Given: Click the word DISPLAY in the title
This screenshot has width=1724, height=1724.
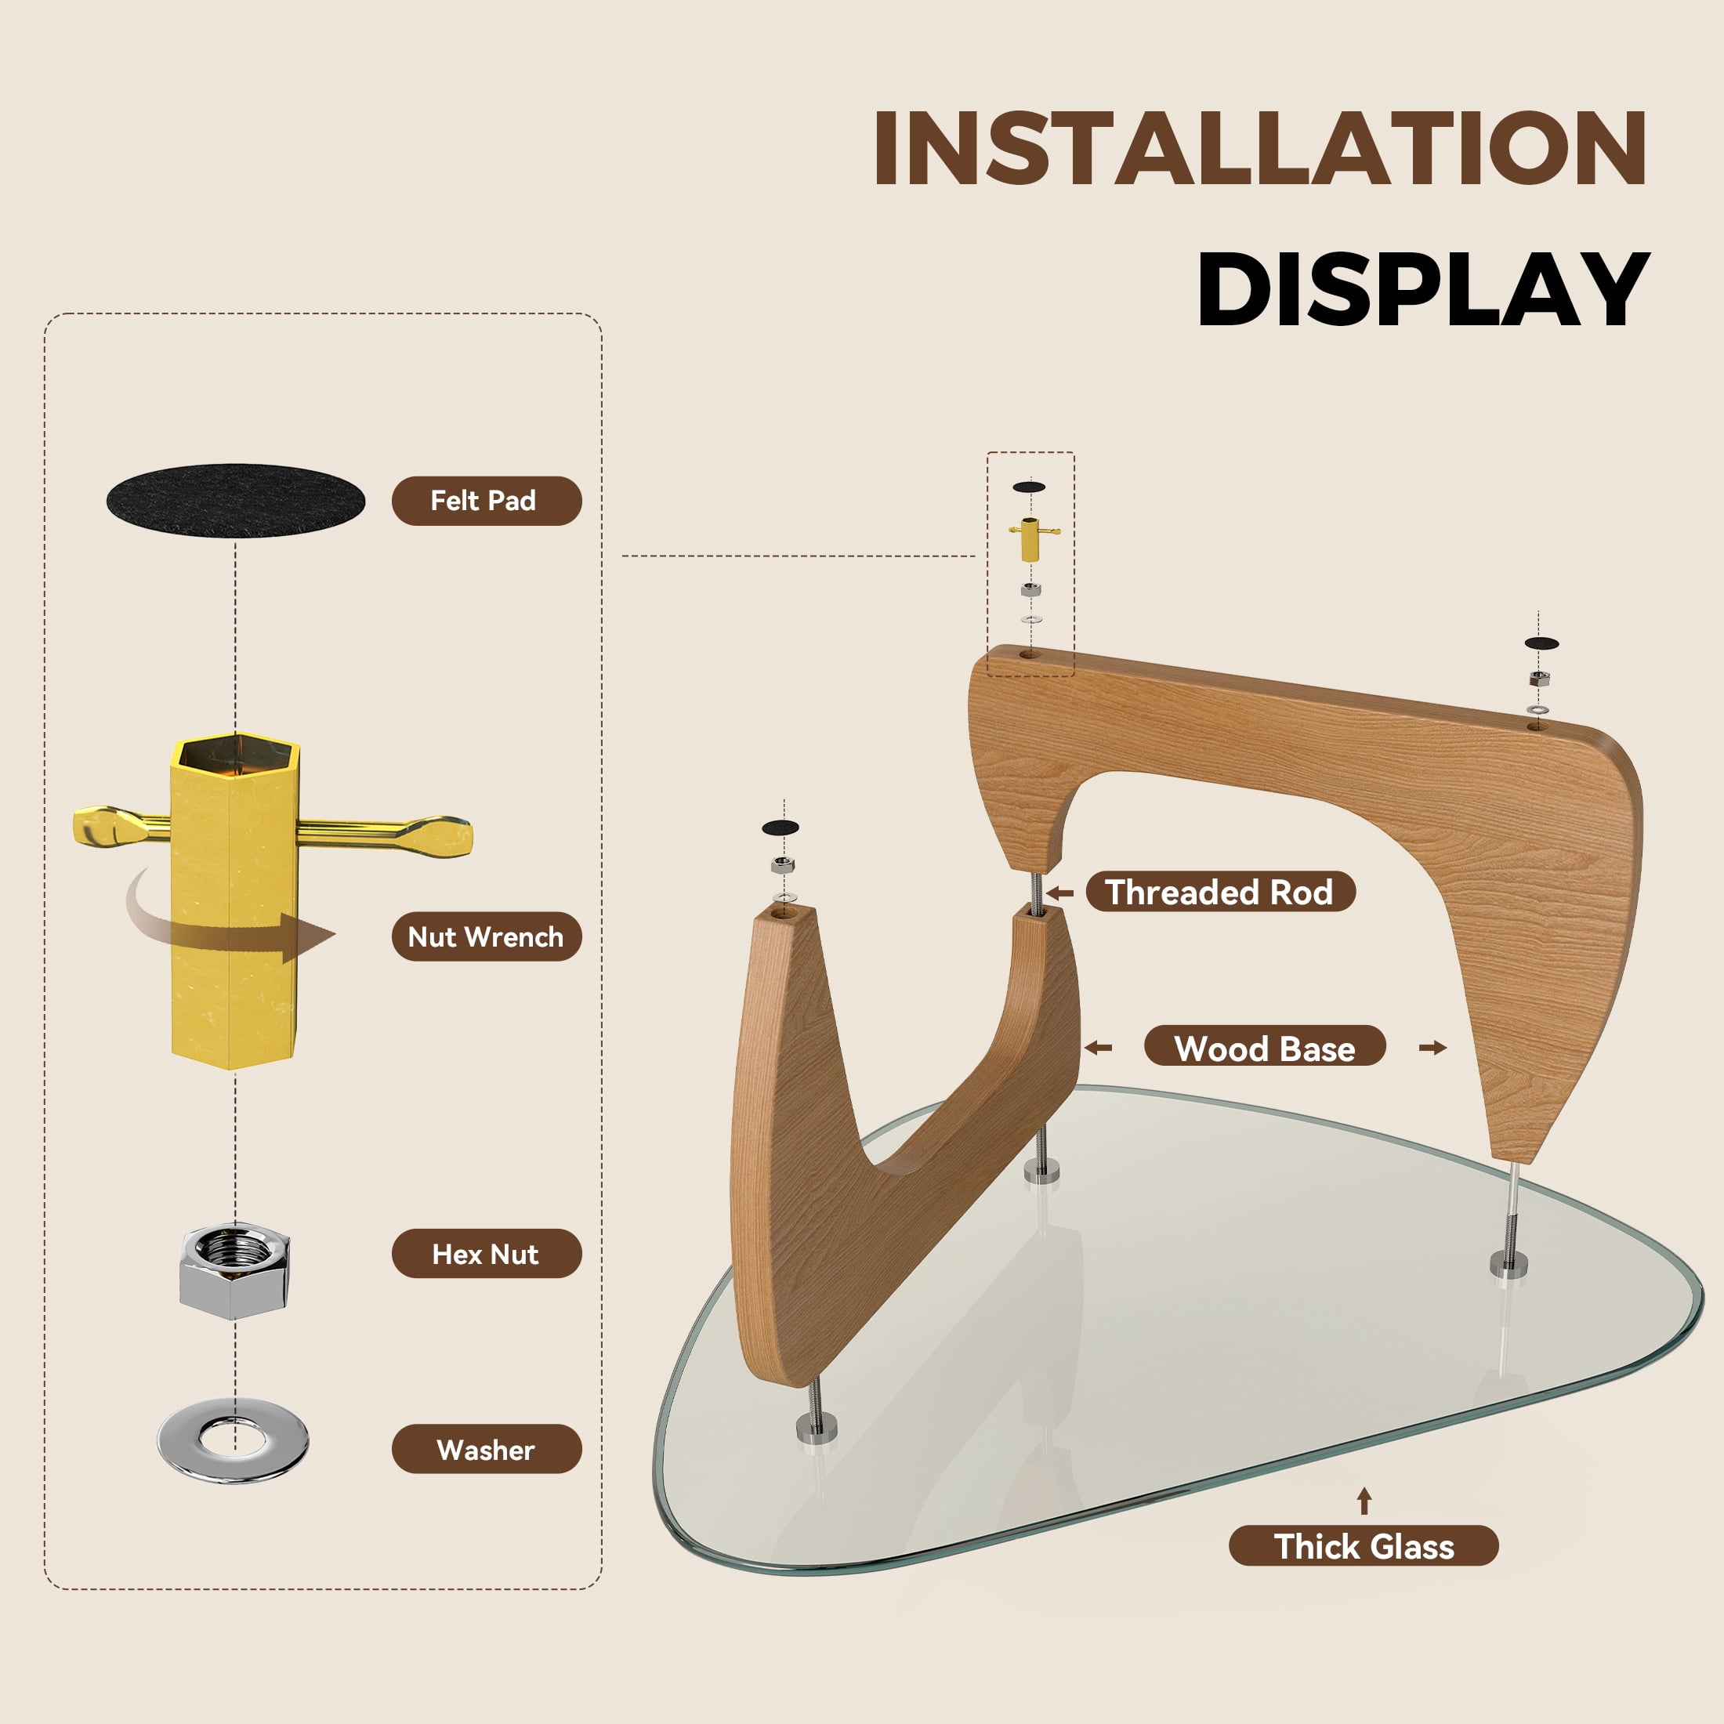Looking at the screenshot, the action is (1422, 289).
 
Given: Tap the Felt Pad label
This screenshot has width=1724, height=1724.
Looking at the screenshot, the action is (487, 501).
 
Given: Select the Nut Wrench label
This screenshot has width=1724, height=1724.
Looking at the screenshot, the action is (487, 936).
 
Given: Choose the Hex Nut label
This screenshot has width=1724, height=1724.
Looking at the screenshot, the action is (487, 1253).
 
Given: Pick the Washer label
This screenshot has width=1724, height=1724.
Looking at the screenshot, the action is (487, 1448).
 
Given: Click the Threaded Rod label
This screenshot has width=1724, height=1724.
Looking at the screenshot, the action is (1220, 892).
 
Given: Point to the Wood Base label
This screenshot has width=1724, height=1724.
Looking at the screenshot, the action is (1265, 1048).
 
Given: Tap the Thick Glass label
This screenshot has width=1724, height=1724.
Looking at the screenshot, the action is (1364, 1545).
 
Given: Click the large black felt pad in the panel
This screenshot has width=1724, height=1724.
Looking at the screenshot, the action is (236, 501).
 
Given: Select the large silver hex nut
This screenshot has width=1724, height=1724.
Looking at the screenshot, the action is (234, 1272).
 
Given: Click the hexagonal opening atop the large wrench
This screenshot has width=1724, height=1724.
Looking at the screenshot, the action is (236, 754).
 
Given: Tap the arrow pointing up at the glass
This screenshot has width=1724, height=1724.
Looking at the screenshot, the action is (1364, 1501).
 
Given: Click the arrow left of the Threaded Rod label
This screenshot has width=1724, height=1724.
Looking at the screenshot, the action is (1059, 893).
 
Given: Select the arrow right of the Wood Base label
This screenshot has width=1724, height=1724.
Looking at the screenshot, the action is (1433, 1048).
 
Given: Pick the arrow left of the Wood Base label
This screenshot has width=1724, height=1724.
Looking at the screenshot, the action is (1099, 1048).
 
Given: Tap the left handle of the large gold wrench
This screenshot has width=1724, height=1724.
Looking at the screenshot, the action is (121, 825).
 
